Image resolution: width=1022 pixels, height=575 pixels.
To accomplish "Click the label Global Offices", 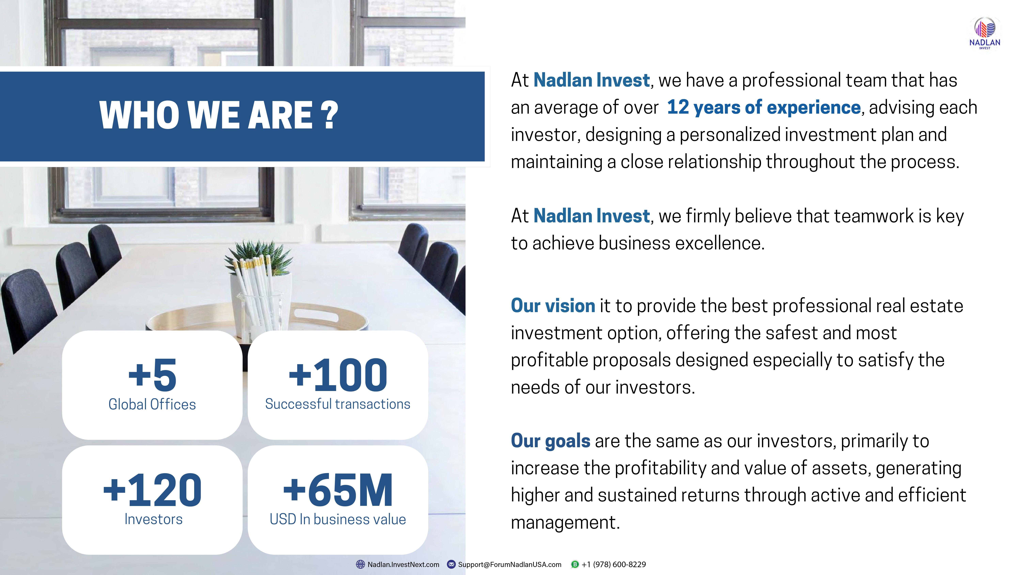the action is point(152,404).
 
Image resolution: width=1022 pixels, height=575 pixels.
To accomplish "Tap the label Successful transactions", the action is point(338,404).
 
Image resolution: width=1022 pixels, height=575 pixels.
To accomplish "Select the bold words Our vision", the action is point(553,305).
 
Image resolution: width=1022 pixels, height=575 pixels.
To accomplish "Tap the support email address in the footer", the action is point(510,564).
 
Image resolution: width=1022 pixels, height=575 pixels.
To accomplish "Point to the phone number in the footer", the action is point(614,564).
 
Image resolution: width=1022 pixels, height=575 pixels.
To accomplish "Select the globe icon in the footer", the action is point(360,564).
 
